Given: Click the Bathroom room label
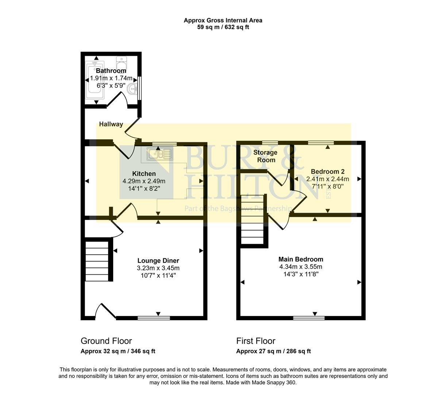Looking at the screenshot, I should tap(111, 71).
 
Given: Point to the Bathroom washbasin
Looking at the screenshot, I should tap(132, 88).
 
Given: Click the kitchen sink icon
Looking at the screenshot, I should tap(159, 154).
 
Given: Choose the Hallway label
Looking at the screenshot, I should tap(111, 124).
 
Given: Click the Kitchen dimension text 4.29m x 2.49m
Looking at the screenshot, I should tap(144, 181).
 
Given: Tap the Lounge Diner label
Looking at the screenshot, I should tap(158, 261).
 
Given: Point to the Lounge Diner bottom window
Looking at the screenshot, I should tap(154, 318).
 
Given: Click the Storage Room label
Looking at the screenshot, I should tap(265, 156).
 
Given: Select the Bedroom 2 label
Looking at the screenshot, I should tap(327, 171).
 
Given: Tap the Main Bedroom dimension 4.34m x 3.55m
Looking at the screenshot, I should tap(300, 267).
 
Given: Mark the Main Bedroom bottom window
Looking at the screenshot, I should tap(309, 318).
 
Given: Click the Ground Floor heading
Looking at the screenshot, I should tap(106, 341).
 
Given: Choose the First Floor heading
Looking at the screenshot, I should tap(255, 341).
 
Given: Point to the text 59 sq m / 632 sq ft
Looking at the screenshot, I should tap(223, 27).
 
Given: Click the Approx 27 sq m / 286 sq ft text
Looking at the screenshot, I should tap(273, 351).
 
